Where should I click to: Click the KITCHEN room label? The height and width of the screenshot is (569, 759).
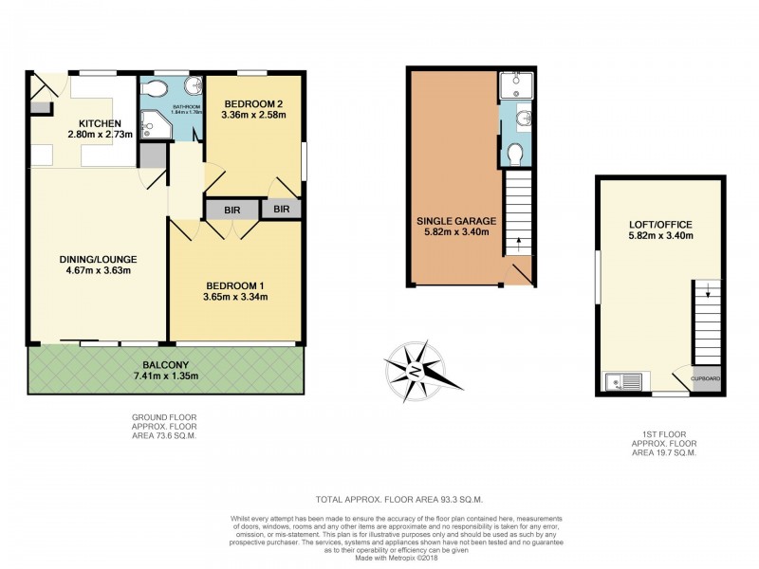pyautogui.click(x=100, y=123)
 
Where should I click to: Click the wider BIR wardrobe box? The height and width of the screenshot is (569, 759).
pyautogui.click(x=231, y=210)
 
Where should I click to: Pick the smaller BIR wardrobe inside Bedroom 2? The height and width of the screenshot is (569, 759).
pyautogui.click(x=282, y=210)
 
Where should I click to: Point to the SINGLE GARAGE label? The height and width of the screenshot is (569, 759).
pyautogui.click(x=454, y=223)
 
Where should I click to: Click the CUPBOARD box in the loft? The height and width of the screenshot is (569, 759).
pyautogui.click(x=706, y=379)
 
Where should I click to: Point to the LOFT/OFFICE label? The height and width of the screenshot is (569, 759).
pyautogui.click(x=660, y=225)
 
